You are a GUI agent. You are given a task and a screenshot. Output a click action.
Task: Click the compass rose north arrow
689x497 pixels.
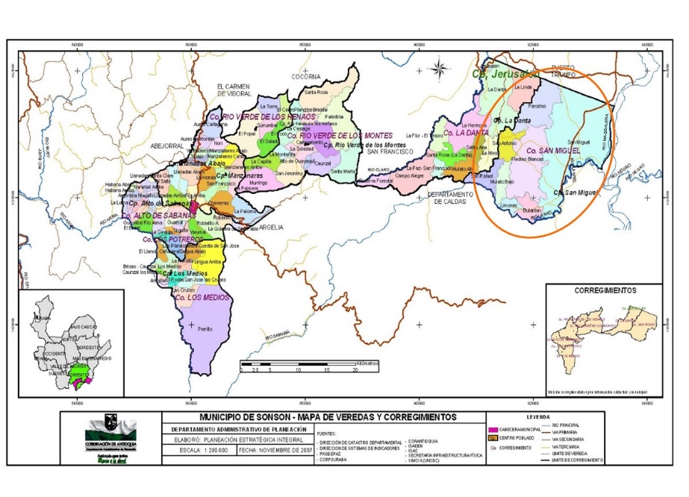point(440,69)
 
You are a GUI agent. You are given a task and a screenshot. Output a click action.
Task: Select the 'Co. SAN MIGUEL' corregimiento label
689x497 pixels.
point(552,151)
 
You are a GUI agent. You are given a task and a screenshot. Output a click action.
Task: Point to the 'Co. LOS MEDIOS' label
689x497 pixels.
point(200,297)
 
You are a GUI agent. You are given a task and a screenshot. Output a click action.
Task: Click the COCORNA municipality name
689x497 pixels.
point(305,76)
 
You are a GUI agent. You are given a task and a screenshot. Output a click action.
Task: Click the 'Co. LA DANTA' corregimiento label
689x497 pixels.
point(465,132)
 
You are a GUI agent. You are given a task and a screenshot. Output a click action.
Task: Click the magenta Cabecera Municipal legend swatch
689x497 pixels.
point(493,431)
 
